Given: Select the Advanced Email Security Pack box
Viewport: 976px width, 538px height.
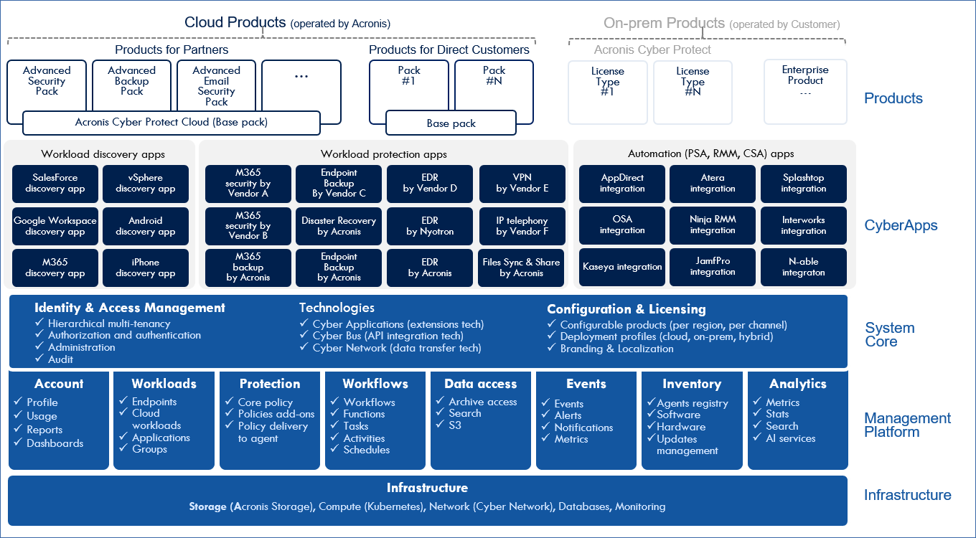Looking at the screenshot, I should pos(216,85).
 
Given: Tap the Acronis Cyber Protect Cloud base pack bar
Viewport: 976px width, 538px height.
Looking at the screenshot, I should pos(172,123).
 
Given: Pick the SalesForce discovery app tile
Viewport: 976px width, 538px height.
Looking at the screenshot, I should pos(55,184).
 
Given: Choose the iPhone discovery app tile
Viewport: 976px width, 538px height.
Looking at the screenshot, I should pos(146,268).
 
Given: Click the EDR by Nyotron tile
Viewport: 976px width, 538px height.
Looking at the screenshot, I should pos(430,226).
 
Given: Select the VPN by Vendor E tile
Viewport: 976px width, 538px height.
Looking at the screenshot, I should pos(522,184).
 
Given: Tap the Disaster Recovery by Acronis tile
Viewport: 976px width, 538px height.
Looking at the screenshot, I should pos(339,226).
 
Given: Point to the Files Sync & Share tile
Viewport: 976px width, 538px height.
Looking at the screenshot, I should pos(522,268).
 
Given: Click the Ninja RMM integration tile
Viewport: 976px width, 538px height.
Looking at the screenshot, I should pos(713,225).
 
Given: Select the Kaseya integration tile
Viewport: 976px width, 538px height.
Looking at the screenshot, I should pos(622,267).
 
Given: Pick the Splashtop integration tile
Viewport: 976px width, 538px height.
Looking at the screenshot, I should pos(804,184).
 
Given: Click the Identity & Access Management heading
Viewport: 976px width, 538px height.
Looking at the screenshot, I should pos(130,308).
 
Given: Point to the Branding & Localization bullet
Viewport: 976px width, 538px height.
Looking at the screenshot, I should pos(616,349).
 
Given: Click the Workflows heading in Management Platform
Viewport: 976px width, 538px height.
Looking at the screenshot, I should pos(375,384).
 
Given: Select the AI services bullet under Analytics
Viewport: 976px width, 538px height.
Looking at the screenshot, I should pos(790,438).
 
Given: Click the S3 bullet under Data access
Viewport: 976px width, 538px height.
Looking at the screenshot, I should pos(455,425).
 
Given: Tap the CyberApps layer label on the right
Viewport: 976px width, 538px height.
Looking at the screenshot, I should pos(901,226).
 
